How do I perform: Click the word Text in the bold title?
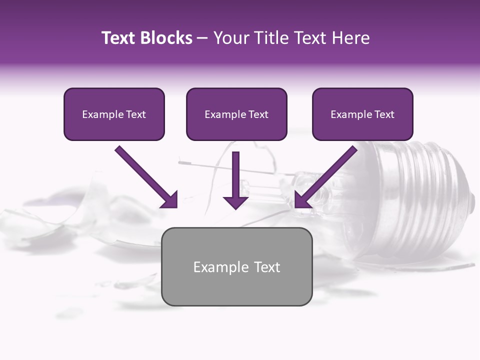[x=118, y=38]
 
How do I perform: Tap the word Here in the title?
[x=351, y=38]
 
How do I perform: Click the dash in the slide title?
[x=202, y=38]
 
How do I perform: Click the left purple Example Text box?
[x=114, y=114]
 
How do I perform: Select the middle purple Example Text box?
[x=236, y=114]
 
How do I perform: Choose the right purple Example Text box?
[x=362, y=114]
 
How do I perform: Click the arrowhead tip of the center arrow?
[x=235, y=207]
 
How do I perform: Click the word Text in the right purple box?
[x=384, y=114]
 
